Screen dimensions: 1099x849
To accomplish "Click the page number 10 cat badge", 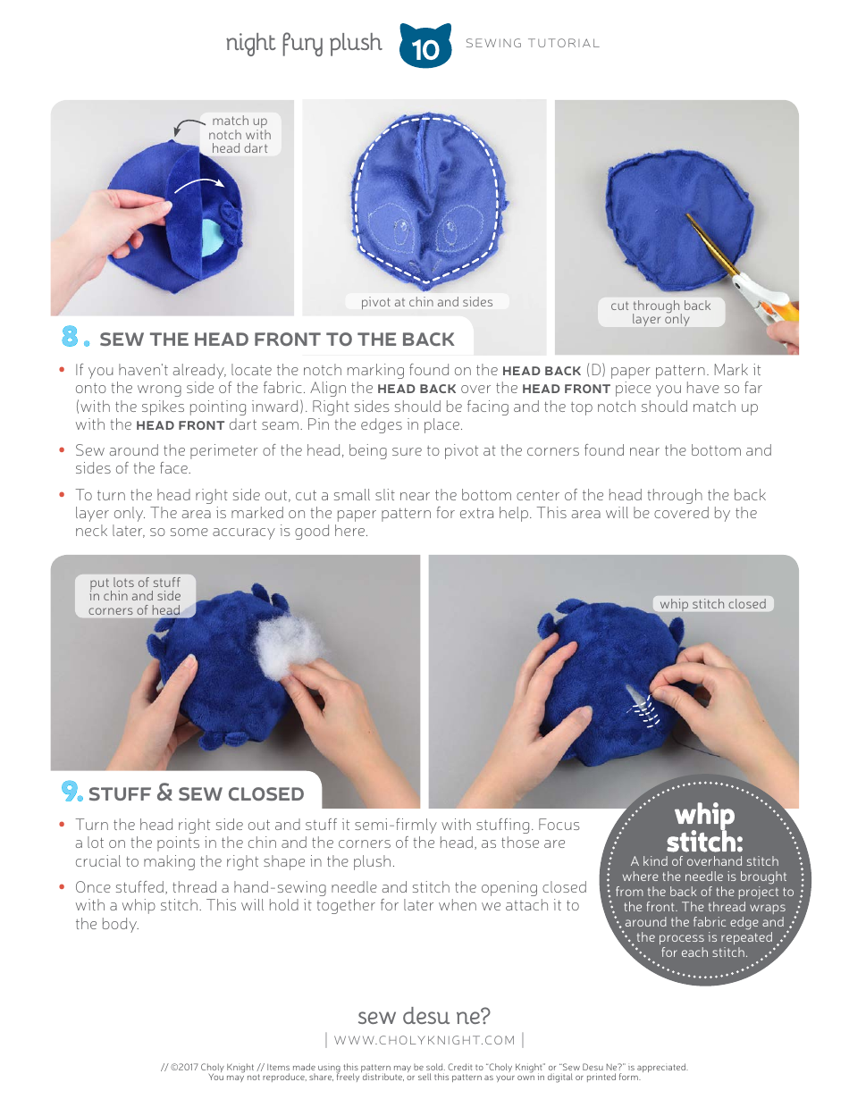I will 425,46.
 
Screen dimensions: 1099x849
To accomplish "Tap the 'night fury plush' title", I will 303,43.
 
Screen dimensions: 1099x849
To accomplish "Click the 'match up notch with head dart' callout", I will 239,135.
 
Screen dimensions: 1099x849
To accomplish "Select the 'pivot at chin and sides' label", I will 426,302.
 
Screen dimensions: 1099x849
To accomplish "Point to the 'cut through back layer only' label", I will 660,312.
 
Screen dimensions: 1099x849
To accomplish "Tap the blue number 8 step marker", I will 74,337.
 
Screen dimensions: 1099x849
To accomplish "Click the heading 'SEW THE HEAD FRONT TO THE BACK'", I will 277,340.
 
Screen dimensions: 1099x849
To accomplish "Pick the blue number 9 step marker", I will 71,792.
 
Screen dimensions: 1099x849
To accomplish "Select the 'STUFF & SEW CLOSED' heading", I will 196,793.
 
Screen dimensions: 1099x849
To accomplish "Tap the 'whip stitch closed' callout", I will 712,604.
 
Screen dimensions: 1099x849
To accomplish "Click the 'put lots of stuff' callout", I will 134,596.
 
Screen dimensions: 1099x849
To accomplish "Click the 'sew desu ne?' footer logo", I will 424,1016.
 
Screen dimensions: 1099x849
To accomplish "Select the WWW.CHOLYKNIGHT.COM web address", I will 424,1040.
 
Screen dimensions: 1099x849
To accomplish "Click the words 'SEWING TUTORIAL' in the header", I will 533,43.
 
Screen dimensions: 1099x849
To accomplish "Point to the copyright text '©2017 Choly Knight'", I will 207,1067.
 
